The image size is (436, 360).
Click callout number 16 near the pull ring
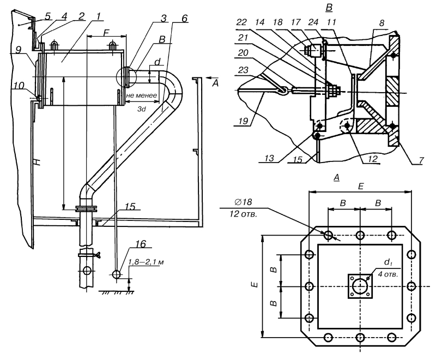pyautogui.click(x=141, y=244)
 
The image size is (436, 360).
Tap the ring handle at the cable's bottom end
pyautogui.click(x=117, y=274)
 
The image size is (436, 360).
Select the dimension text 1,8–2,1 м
pyautogui.click(x=146, y=262)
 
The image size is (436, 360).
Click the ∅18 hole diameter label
pyautogui.click(x=244, y=202)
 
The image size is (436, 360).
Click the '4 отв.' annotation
pyautogui.click(x=388, y=274)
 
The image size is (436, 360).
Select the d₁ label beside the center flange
pyautogui.click(x=388, y=262)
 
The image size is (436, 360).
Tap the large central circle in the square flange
pyautogui.click(x=360, y=286)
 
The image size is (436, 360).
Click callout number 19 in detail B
pyautogui.click(x=243, y=121)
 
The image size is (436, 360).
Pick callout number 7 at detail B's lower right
pyautogui.click(x=421, y=160)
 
